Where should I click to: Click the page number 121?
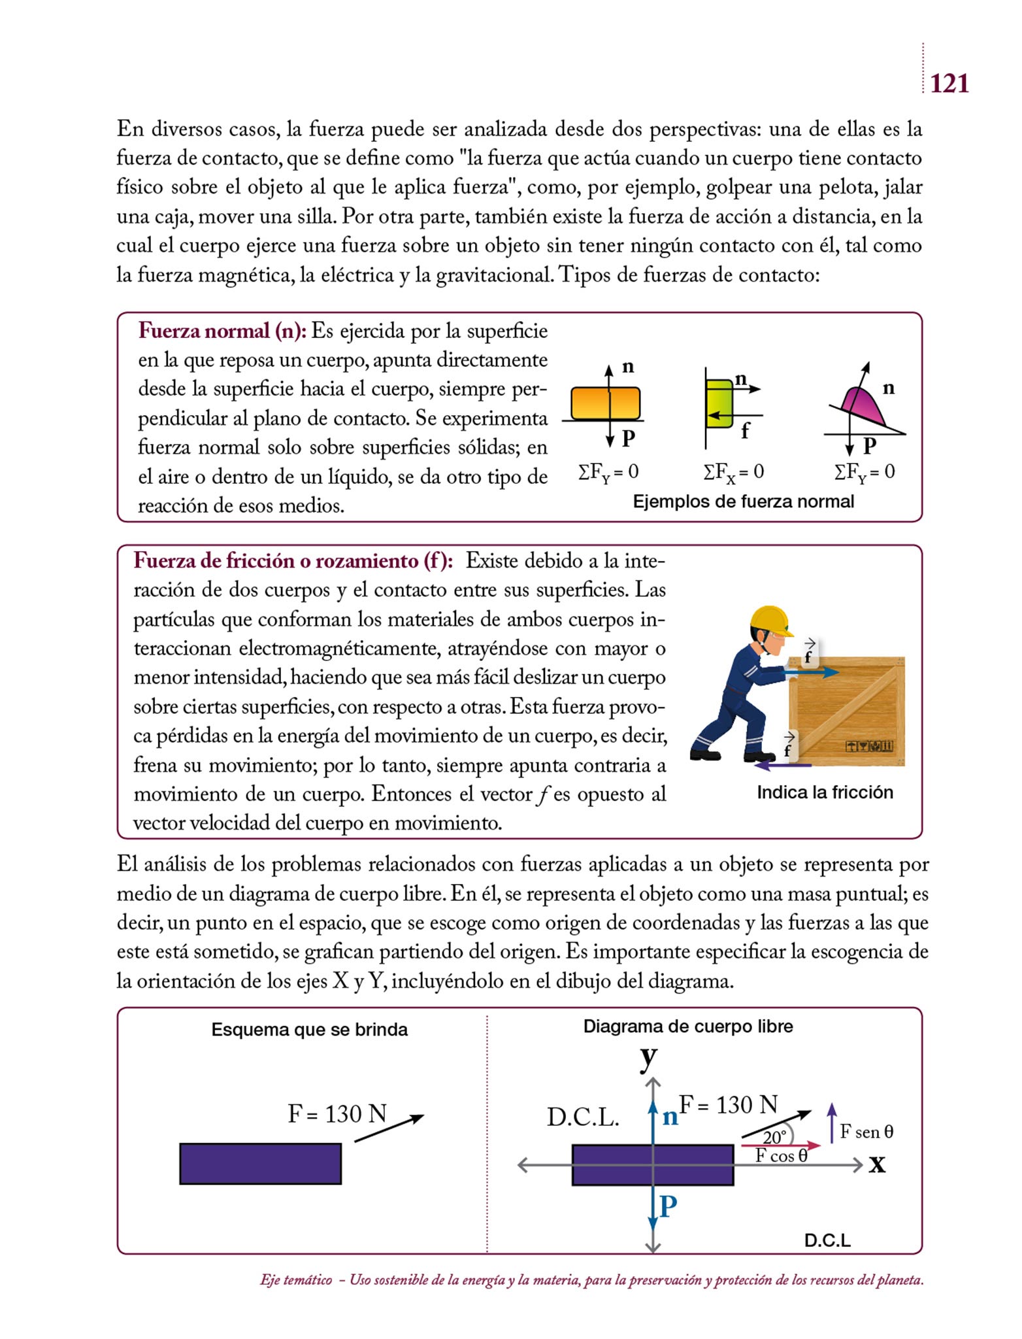click(949, 84)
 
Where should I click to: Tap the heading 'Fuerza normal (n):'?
click(222, 331)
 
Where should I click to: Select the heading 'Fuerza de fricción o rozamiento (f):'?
click(293, 560)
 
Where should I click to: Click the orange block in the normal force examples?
click(605, 403)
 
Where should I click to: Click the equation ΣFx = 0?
click(733, 472)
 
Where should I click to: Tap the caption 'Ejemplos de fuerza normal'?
click(744, 501)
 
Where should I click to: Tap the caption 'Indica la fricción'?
click(825, 792)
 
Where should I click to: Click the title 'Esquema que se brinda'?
click(309, 1030)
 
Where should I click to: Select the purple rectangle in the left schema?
click(260, 1164)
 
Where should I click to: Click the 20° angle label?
click(774, 1138)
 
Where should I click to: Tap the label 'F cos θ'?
click(782, 1155)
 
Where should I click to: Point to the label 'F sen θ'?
click(866, 1132)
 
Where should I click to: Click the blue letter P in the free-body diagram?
click(668, 1206)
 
